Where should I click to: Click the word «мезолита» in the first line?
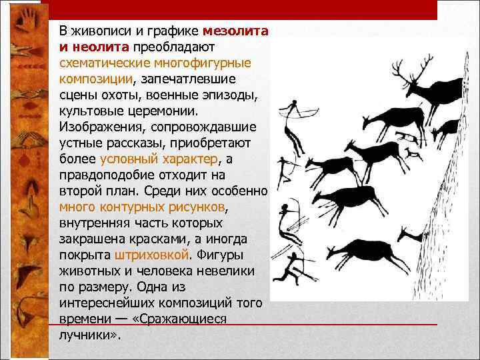[235, 31]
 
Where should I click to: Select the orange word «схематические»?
[99, 63]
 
